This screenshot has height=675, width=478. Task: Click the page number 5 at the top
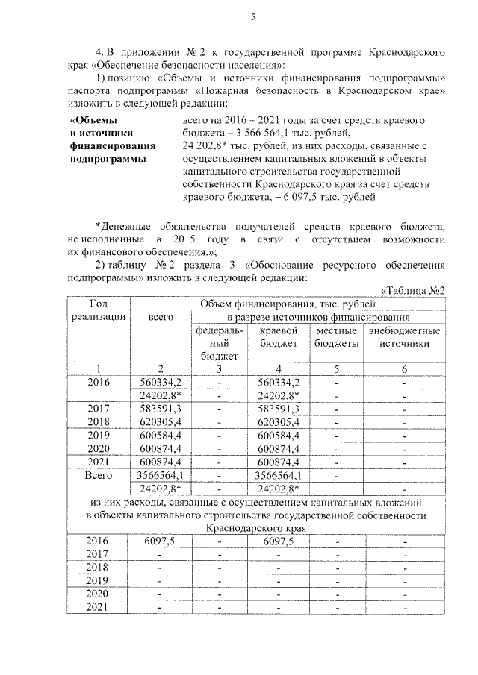point(253,16)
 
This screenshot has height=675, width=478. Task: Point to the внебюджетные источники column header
point(404,337)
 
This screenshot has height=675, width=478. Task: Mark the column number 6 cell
point(404,369)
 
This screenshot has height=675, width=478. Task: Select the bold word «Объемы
point(94,119)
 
